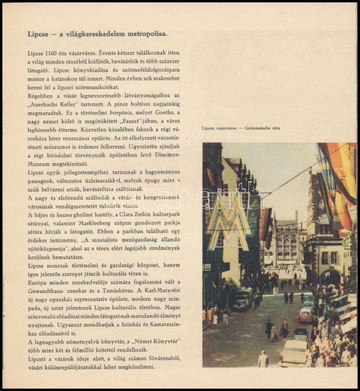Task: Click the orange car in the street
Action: (306, 315)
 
